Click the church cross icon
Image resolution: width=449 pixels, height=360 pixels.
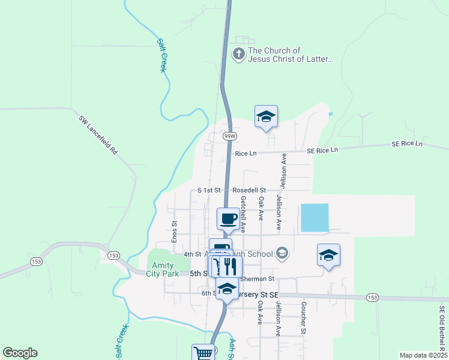pos(239,55)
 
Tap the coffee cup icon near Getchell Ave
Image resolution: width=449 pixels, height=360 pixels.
pos(228,218)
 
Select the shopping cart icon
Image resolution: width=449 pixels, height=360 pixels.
pos(203,353)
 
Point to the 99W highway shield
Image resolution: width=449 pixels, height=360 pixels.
pos(229,136)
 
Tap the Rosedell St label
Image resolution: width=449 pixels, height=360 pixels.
pos(250,190)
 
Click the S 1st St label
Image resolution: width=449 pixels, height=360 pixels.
pos(209,190)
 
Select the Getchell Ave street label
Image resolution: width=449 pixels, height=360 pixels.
pos(243,214)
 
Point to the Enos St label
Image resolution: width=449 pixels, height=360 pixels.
pos(175,232)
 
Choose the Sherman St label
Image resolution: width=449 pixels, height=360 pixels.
pos(257,279)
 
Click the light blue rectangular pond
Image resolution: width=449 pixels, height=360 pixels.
pos(315,218)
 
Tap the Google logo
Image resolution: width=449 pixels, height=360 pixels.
pos(20,353)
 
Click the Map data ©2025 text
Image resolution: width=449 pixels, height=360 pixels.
pos(423,355)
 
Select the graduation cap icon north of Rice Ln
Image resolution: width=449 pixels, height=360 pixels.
pos(266,117)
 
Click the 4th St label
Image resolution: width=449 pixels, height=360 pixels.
pos(192,254)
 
